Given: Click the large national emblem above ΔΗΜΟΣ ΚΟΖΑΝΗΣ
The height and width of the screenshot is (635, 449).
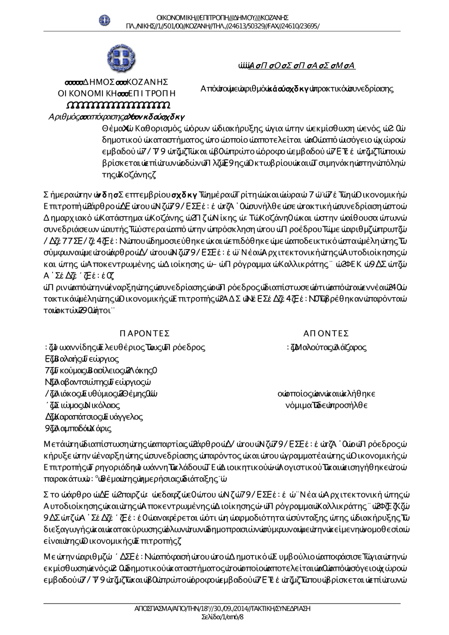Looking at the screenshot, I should [120, 57].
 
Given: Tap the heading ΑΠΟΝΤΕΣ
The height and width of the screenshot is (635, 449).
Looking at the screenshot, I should [326, 333].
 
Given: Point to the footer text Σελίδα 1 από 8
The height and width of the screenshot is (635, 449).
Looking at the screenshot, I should [223, 617].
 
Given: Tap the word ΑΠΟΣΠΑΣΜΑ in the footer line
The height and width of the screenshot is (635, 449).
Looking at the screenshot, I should [150, 609].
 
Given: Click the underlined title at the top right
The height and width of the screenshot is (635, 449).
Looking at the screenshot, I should [297, 66].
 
